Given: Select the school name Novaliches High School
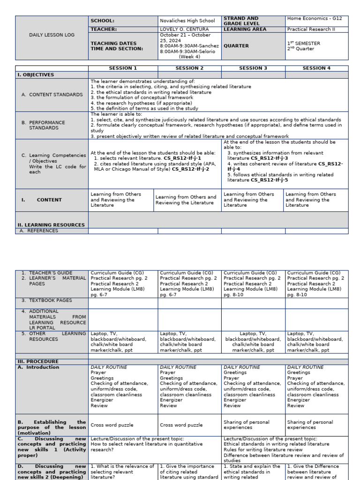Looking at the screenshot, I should pos(187,21).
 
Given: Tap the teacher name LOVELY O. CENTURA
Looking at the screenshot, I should pos(184,30).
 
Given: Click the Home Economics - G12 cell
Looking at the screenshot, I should pos(315,18).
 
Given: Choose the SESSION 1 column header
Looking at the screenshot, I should pos(123,68).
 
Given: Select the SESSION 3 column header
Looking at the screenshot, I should pos(253,68).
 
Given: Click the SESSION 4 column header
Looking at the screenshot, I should pos(316,68).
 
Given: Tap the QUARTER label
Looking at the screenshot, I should pos(236,46).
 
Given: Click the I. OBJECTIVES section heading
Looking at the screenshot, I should pos(36,75).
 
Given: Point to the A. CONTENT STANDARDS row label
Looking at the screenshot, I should pos(52,95).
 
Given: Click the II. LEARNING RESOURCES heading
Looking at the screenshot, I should pos(51,225).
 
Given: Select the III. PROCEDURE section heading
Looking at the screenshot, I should pos(38,361).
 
